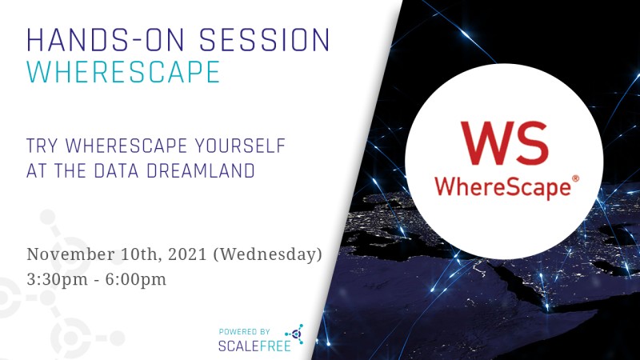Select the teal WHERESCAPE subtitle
123,71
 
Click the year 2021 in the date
181,254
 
